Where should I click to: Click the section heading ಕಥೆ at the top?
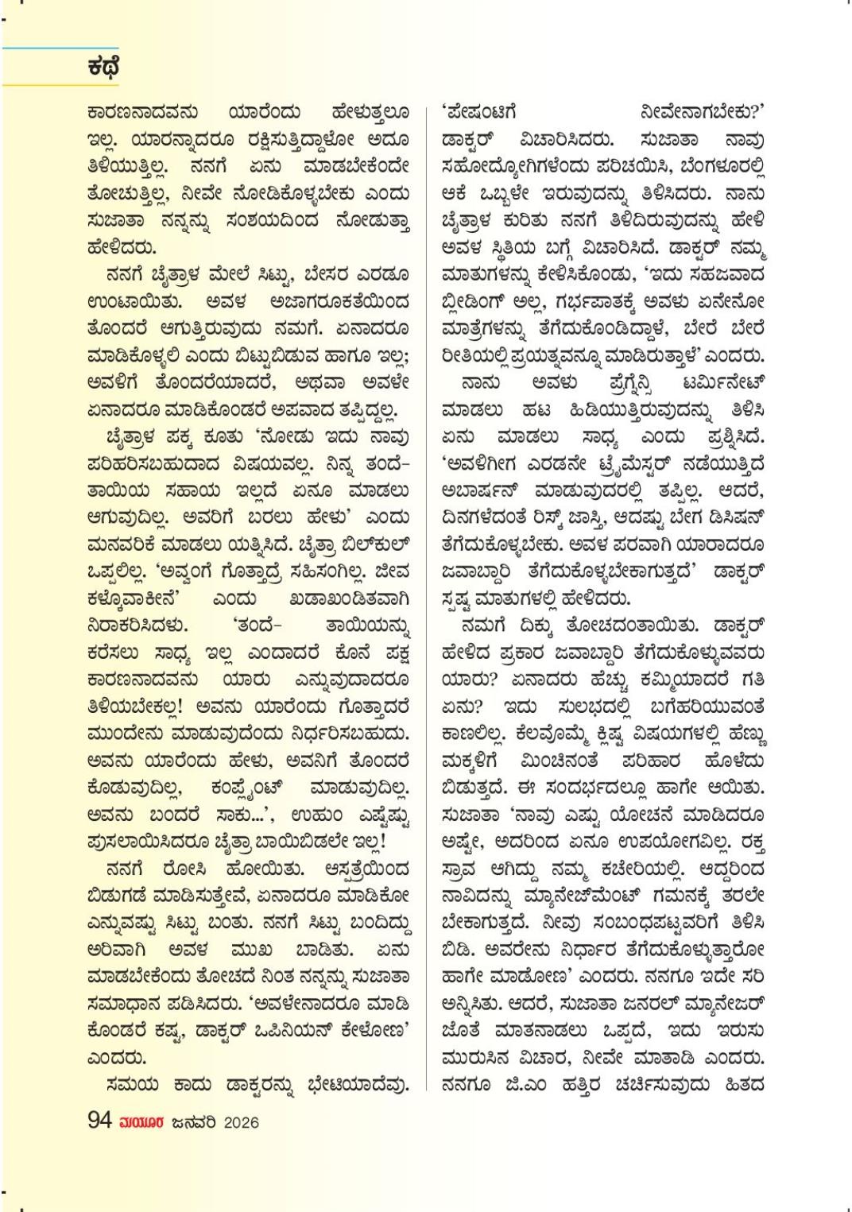point(103,67)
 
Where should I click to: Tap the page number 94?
point(99,1121)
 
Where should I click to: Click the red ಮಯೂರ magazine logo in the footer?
point(141,1122)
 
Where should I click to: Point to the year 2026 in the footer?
point(241,1122)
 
